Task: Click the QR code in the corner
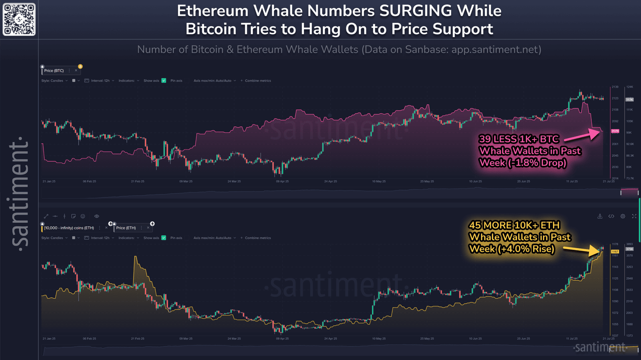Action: pyautogui.click(x=19, y=19)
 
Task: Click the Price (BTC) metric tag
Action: pyautogui.click(x=54, y=71)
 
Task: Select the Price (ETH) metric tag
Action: pyautogui.click(x=126, y=228)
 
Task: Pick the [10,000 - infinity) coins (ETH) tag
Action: pyautogui.click(x=69, y=228)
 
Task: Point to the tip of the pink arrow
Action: pyautogui.click(x=601, y=131)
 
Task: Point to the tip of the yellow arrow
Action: pyautogui.click(x=601, y=251)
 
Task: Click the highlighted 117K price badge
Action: pyautogui.click(x=629, y=99)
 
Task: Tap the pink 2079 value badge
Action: pyautogui.click(x=615, y=131)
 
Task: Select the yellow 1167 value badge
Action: pyautogui.click(x=615, y=251)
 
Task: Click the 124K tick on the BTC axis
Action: pyautogui.click(x=629, y=87)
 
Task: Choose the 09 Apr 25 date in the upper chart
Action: pyautogui.click(x=282, y=182)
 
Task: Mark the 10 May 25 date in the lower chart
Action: pyautogui.click(x=379, y=339)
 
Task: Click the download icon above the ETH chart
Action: pyautogui.click(x=600, y=216)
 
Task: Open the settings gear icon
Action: pyautogui.click(x=623, y=216)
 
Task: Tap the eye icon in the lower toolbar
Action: pyautogui.click(x=96, y=216)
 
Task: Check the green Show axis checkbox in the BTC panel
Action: pyautogui.click(x=164, y=81)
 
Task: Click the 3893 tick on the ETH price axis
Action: pyautogui.click(x=629, y=244)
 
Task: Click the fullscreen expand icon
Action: pyautogui.click(x=634, y=216)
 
